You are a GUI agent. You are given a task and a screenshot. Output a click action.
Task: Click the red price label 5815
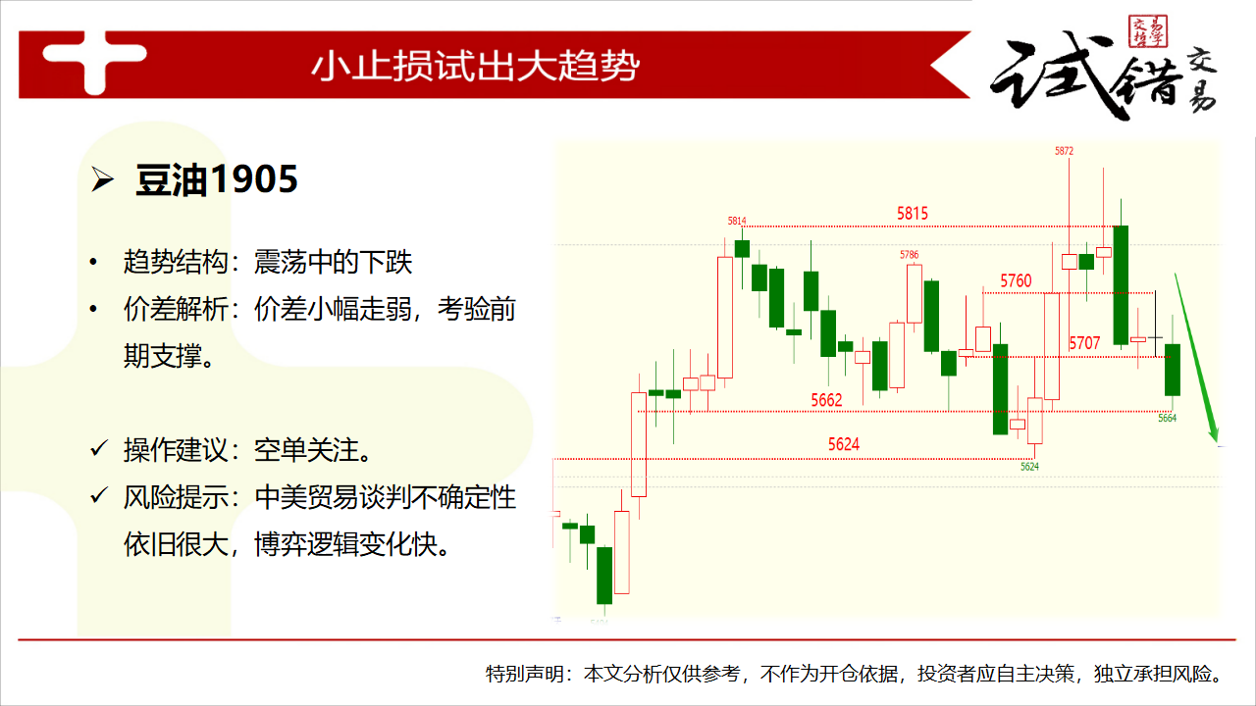(x=913, y=214)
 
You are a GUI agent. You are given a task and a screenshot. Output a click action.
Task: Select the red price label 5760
(x=1016, y=280)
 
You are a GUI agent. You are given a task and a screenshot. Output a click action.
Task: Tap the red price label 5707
(x=1084, y=343)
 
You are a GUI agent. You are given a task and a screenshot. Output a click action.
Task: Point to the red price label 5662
(x=826, y=400)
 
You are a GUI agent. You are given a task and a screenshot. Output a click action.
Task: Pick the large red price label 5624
(x=844, y=444)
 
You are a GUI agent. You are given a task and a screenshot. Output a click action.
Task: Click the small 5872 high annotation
(x=1064, y=151)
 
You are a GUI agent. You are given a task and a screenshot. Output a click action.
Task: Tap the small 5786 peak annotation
(x=909, y=255)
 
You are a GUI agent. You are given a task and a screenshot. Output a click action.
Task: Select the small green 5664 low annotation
(x=1167, y=418)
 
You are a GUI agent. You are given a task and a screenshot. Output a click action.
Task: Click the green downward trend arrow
(x=1196, y=359)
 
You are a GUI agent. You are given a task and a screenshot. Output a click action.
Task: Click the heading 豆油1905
(x=217, y=179)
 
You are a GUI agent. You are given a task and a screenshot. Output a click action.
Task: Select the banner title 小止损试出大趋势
(x=476, y=66)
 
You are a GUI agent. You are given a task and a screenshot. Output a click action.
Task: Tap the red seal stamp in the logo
(x=1148, y=31)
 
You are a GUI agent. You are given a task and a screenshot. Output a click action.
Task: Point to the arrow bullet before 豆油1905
(x=103, y=179)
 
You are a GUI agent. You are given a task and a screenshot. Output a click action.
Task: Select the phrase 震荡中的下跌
(x=333, y=262)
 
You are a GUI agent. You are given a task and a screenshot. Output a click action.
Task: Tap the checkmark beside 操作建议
(x=99, y=448)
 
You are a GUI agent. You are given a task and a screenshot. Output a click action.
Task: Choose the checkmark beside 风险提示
(x=99, y=495)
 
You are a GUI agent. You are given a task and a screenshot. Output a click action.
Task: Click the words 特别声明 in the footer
(x=524, y=674)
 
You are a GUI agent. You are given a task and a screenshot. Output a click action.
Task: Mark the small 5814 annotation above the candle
(x=737, y=221)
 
